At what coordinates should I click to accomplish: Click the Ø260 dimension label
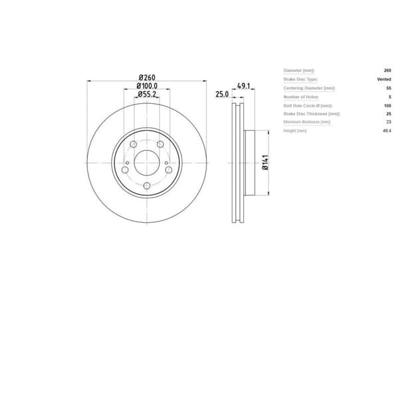coord(147,76)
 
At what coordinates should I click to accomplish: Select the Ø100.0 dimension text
coord(147,86)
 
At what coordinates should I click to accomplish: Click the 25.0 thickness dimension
coord(221,95)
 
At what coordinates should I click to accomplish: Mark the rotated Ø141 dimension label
coord(265,163)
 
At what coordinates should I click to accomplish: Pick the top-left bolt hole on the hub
coord(133,145)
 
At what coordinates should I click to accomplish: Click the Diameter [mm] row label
coord(299,70)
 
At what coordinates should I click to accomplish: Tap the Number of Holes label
coord(301,96)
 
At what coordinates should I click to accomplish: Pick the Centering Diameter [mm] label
coord(309,88)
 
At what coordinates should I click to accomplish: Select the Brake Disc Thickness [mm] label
coord(309,114)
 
